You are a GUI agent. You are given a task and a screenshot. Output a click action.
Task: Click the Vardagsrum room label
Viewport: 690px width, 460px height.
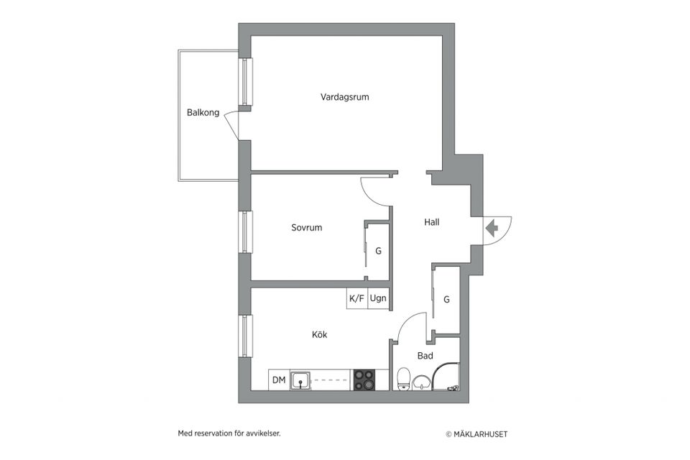[x=344, y=96]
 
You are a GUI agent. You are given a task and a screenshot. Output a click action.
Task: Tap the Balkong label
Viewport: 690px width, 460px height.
[x=203, y=112]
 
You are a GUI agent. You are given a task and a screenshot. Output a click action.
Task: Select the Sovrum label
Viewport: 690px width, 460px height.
[x=306, y=228]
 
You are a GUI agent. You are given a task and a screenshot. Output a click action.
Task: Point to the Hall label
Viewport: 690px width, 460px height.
[x=431, y=222]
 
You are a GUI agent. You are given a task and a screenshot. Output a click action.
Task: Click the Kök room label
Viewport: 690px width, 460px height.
[x=320, y=334]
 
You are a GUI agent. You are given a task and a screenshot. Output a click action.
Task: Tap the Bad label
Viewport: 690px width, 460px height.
[x=425, y=356]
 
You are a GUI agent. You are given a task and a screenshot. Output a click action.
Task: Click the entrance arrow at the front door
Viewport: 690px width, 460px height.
[x=492, y=229]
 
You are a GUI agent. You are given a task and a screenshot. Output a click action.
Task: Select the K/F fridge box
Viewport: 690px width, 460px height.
[x=356, y=298]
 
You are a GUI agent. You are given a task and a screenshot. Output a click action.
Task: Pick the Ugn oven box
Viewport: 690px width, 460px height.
[x=378, y=298]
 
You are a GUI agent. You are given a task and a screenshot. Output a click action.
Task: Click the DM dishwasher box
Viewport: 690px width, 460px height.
[x=278, y=380]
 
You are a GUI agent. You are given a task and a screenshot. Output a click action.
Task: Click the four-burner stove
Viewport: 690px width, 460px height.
[x=364, y=380]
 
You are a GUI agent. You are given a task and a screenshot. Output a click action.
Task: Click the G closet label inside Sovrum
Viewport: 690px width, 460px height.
[x=378, y=252]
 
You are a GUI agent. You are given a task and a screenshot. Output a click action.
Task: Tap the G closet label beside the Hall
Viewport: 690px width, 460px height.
[x=446, y=299]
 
